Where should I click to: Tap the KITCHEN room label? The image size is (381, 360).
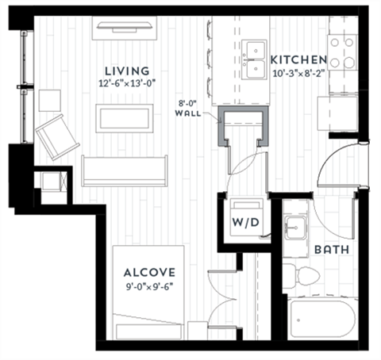pyautogui.click(x=298, y=60)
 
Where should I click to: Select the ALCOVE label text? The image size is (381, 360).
pyautogui.click(x=149, y=273)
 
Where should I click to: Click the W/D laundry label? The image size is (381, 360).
pyautogui.click(x=243, y=222)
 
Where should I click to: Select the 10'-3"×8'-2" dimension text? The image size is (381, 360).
pyautogui.click(x=298, y=74)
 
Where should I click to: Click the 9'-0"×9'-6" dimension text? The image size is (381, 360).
pyautogui.click(x=149, y=287)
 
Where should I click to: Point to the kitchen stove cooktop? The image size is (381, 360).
pyautogui.click(x=343, y=52)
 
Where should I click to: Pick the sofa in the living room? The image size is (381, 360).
pyautogui.click(x=125, y=170)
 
